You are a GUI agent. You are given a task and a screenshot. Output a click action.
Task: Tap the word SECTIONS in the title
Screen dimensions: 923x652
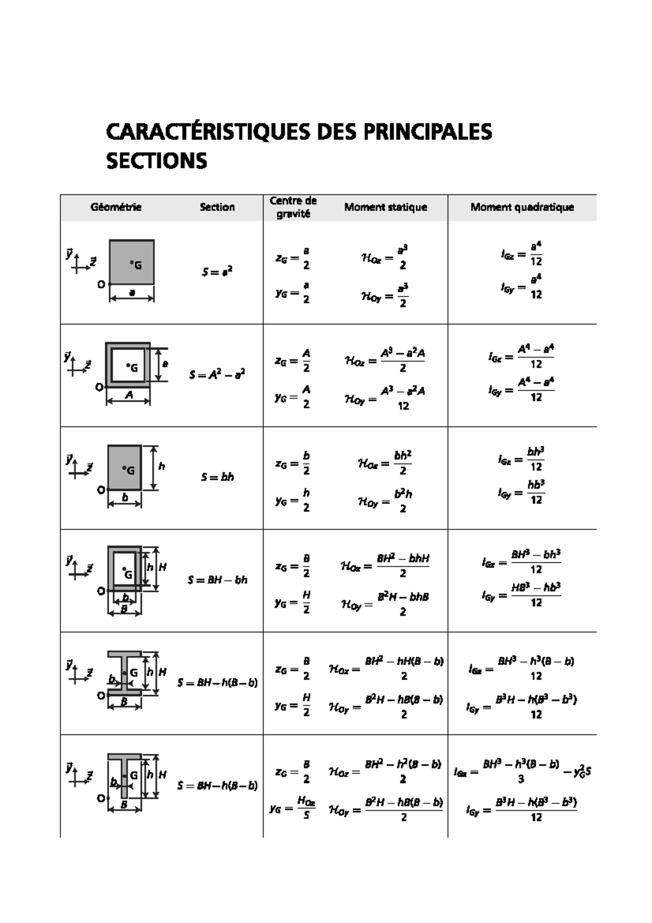(156, 161)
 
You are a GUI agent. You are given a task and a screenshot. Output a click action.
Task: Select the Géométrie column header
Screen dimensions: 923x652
(116, 207)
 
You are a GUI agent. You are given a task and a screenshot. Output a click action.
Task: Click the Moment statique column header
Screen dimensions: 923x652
(385, 207)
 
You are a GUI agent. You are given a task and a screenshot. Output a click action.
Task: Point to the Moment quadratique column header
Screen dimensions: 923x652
(522, 207)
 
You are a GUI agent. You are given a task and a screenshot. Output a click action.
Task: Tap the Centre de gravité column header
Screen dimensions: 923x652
(293, 207)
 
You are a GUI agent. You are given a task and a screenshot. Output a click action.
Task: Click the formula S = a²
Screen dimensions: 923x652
(217, 272)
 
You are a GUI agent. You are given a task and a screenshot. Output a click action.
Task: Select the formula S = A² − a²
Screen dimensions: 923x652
(217, 375)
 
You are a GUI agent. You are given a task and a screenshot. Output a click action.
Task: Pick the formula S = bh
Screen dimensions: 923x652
(217, 477)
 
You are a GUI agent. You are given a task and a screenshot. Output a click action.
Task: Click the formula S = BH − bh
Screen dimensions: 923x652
(217, 580)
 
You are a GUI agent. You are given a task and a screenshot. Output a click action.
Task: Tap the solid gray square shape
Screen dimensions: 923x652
(131, 262)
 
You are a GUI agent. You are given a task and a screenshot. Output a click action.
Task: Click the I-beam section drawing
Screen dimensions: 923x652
(124, 673)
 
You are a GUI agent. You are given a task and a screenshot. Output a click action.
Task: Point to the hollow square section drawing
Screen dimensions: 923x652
(128, 364)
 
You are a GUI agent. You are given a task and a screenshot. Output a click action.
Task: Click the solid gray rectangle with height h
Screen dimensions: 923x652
(124, 467)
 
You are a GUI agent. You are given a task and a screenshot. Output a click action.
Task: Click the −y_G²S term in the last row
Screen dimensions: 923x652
(581, 772)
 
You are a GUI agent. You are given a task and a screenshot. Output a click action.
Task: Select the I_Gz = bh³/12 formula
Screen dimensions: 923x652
(521, 459)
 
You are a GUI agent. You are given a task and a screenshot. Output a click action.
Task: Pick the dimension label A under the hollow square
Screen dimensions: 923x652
(129, 396)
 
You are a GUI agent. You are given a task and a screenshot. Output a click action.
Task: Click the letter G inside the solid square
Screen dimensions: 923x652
(138, 265)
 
